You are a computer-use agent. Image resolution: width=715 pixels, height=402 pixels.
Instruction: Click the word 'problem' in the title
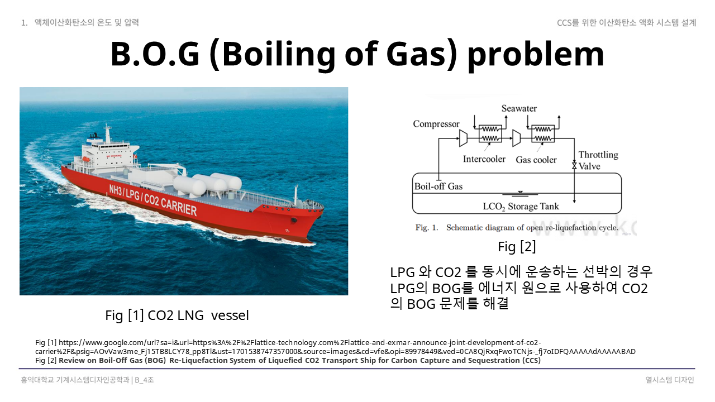536,54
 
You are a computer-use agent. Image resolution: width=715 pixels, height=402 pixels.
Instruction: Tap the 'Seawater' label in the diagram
519,108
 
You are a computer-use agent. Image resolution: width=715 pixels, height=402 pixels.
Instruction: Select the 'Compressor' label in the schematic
436,124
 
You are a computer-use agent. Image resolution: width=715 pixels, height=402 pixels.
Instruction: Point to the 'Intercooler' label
484,159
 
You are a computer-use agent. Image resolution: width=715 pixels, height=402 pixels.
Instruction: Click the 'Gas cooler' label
536,160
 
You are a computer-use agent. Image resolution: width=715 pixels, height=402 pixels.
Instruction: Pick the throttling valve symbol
574,166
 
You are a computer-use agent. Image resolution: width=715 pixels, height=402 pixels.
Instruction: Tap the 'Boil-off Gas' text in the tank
438,186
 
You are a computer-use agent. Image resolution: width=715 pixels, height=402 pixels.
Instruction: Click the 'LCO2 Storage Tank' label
521,207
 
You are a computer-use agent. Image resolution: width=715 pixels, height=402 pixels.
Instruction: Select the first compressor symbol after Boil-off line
463,138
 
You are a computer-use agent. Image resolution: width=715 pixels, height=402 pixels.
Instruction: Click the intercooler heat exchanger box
490,133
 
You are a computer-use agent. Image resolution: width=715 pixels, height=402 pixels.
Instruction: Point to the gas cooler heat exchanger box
543,133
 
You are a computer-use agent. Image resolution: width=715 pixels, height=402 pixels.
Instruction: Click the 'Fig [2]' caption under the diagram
517,247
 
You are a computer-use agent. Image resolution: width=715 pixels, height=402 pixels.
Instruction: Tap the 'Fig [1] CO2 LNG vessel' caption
177,315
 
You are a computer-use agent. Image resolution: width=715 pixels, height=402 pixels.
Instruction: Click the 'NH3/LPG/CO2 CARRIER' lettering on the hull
153,200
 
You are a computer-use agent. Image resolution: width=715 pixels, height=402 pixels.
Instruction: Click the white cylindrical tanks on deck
207,184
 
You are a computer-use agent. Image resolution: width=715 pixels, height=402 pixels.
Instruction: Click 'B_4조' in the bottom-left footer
144,380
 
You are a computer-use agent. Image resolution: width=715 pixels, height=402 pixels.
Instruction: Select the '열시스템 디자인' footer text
669,380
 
